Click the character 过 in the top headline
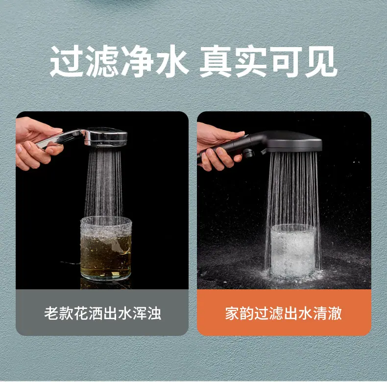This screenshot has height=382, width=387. click(67, 61)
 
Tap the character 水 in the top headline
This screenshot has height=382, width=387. click(172, 61)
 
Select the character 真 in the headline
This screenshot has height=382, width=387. click(216, 61)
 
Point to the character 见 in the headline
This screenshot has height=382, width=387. click(321, 61)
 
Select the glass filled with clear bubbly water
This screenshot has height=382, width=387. click(293, 250)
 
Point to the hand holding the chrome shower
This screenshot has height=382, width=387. click(37, 143)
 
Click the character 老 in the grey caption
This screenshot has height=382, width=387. click(51, 313)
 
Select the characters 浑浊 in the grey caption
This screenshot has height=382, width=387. click(147, 313)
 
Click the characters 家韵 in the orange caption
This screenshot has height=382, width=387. click(240, 313)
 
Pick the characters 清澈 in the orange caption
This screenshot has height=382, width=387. click(328, 313)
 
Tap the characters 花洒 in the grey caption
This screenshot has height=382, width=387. click(88, 313)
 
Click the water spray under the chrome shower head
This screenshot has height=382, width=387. click(104, 183)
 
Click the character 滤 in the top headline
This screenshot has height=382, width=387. click(102, 61)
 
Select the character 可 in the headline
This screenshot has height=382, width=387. click(286, 61)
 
